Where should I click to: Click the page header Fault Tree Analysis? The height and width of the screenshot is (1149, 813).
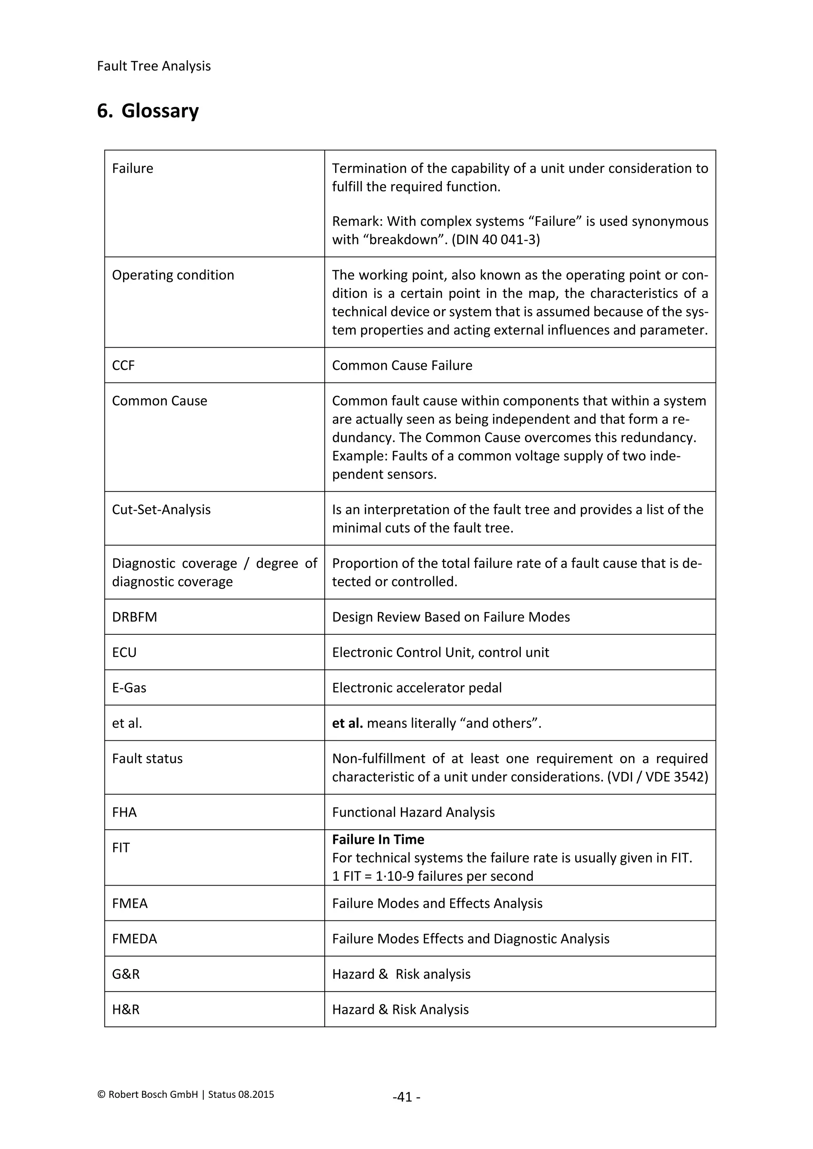tap(154, 66)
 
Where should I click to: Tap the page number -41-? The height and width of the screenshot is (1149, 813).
tap(406, 1097)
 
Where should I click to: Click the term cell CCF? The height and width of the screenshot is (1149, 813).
tap(123, 365)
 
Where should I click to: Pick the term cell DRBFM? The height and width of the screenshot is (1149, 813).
tap(134, 617)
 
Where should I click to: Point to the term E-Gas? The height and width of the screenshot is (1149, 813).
tap(129, 688)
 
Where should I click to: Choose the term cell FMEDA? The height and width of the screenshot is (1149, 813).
tap(134, 939)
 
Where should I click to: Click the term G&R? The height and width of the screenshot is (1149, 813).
tap(126, 974)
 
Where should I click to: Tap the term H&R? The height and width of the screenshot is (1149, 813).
tap(126, 1009)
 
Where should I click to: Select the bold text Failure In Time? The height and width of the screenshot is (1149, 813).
tap(378, 839)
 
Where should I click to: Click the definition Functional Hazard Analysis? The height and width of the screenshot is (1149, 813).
tap(413, 812)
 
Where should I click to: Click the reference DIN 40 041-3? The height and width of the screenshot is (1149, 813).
tap(495, 240)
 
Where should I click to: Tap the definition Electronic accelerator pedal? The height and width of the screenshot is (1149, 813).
tap(416, 688)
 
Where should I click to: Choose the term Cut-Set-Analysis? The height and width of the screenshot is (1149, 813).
tap(161, 509)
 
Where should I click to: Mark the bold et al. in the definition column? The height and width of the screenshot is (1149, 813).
tap(347, 723)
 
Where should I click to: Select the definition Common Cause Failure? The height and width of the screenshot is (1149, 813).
tap(402, 365)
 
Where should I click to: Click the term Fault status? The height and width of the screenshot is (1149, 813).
tap(147, 759)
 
